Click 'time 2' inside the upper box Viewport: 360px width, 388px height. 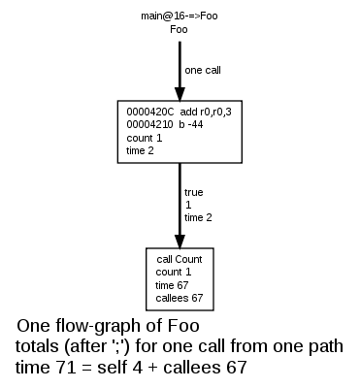click(x=142, y=150)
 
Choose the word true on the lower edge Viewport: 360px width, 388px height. click(x=193, y=192)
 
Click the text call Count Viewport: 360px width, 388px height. click(x=179, y=259)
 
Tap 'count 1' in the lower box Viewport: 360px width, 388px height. click(x=174, y=273)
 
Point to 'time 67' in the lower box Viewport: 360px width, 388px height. click(x=173, y=285)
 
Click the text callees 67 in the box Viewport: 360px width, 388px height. click(x=179, y=298)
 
